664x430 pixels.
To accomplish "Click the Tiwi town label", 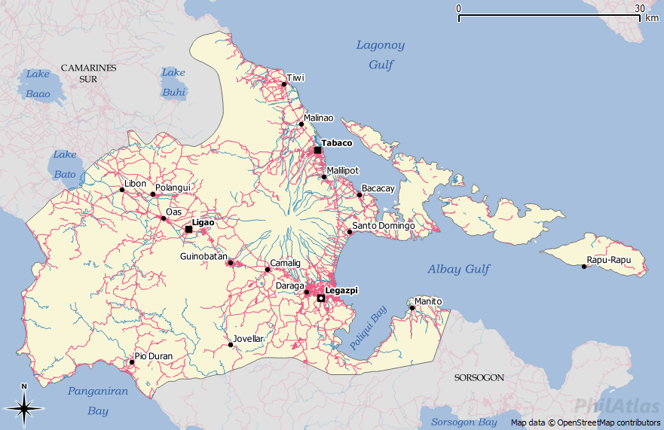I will (295, 78).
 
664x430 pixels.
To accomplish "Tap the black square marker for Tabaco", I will (318, 151).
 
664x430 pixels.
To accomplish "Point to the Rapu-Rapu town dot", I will (584, 267).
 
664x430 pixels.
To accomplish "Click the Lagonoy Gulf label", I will (381, 55).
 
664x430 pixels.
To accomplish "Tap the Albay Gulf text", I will (458, 269).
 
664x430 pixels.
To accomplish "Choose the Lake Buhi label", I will (173, 82).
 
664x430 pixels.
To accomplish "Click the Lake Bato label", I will (65, 164).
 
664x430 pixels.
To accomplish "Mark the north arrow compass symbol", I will (24, 408).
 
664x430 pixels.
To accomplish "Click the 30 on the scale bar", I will (639, 8).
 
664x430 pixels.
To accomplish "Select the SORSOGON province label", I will (479, 377).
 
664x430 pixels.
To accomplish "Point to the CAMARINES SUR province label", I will (89, 73).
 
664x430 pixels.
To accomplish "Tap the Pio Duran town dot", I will (132, 362).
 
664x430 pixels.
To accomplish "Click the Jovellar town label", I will (249, 339).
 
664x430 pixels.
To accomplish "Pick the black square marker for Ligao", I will (188, 229).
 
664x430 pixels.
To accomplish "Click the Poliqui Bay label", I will (369, 326).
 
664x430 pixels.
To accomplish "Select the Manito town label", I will (428, 301).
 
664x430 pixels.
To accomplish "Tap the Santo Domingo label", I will (384, 226).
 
